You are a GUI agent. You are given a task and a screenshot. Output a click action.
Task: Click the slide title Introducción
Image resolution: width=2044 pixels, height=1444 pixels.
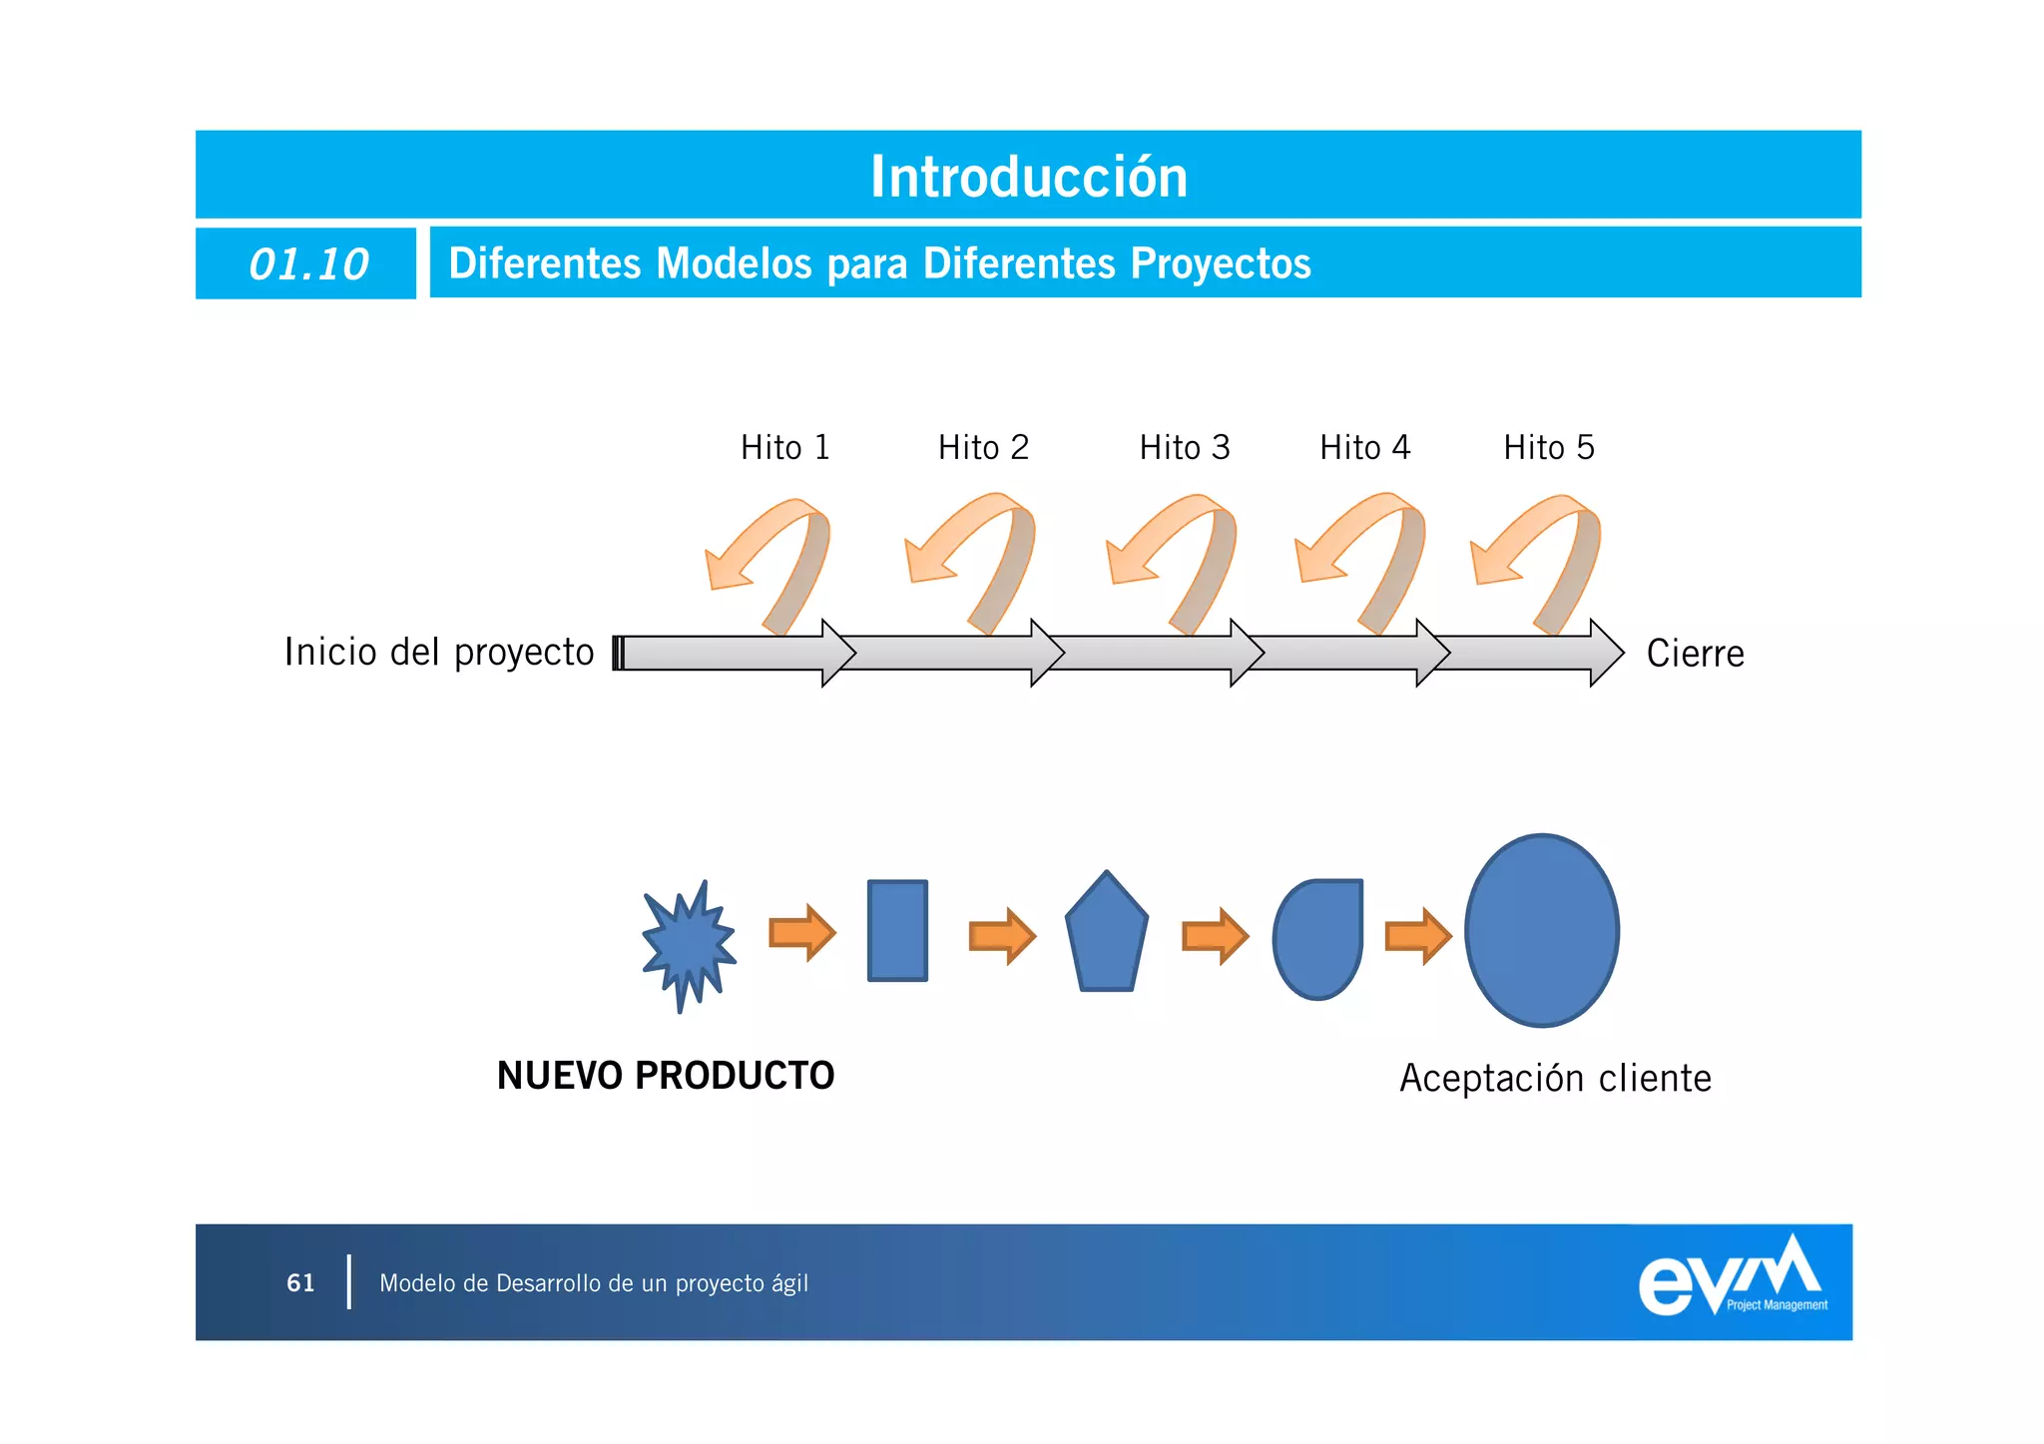click(1028, 177)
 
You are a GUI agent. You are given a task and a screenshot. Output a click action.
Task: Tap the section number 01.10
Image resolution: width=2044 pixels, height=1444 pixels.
click(308, 264)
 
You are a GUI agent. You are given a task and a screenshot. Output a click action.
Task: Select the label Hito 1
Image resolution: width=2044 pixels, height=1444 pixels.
click(784, 447)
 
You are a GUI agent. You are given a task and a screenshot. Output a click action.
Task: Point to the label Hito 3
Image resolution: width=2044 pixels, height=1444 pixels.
click(1184, 447)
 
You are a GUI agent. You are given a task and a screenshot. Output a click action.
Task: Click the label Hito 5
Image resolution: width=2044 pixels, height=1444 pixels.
click(1548, 447)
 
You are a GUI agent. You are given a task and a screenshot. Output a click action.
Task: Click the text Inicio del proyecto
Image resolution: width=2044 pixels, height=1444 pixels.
click(439, 652)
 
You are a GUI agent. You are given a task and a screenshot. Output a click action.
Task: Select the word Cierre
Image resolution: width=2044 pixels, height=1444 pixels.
click(1695, 654)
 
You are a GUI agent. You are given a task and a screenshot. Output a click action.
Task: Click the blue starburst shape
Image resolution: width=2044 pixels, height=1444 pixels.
click(688, 943)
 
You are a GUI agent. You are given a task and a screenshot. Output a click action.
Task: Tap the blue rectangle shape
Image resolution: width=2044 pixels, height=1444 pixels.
click(897, 930)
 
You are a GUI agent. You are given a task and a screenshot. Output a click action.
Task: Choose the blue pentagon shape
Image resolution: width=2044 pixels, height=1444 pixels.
click(1106, 935)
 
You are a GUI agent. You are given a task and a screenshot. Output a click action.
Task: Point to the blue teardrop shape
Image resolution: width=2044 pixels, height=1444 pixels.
click(1317, 938)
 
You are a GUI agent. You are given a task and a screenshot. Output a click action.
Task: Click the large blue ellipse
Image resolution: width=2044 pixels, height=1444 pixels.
click(1542, 930)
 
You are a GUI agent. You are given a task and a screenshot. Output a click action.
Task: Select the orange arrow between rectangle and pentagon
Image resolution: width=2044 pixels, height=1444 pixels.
click(1002, 936)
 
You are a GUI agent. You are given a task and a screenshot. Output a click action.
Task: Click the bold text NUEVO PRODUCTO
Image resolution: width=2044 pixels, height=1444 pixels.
click(666, 1075)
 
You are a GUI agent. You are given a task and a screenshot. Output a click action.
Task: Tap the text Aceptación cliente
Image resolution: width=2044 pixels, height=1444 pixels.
click(1555, 1078)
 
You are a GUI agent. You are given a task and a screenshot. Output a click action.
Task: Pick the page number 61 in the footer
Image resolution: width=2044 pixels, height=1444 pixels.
click(300, 1282)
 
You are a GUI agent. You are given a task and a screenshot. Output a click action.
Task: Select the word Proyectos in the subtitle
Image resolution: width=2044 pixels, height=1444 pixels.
click(1220, 263)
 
